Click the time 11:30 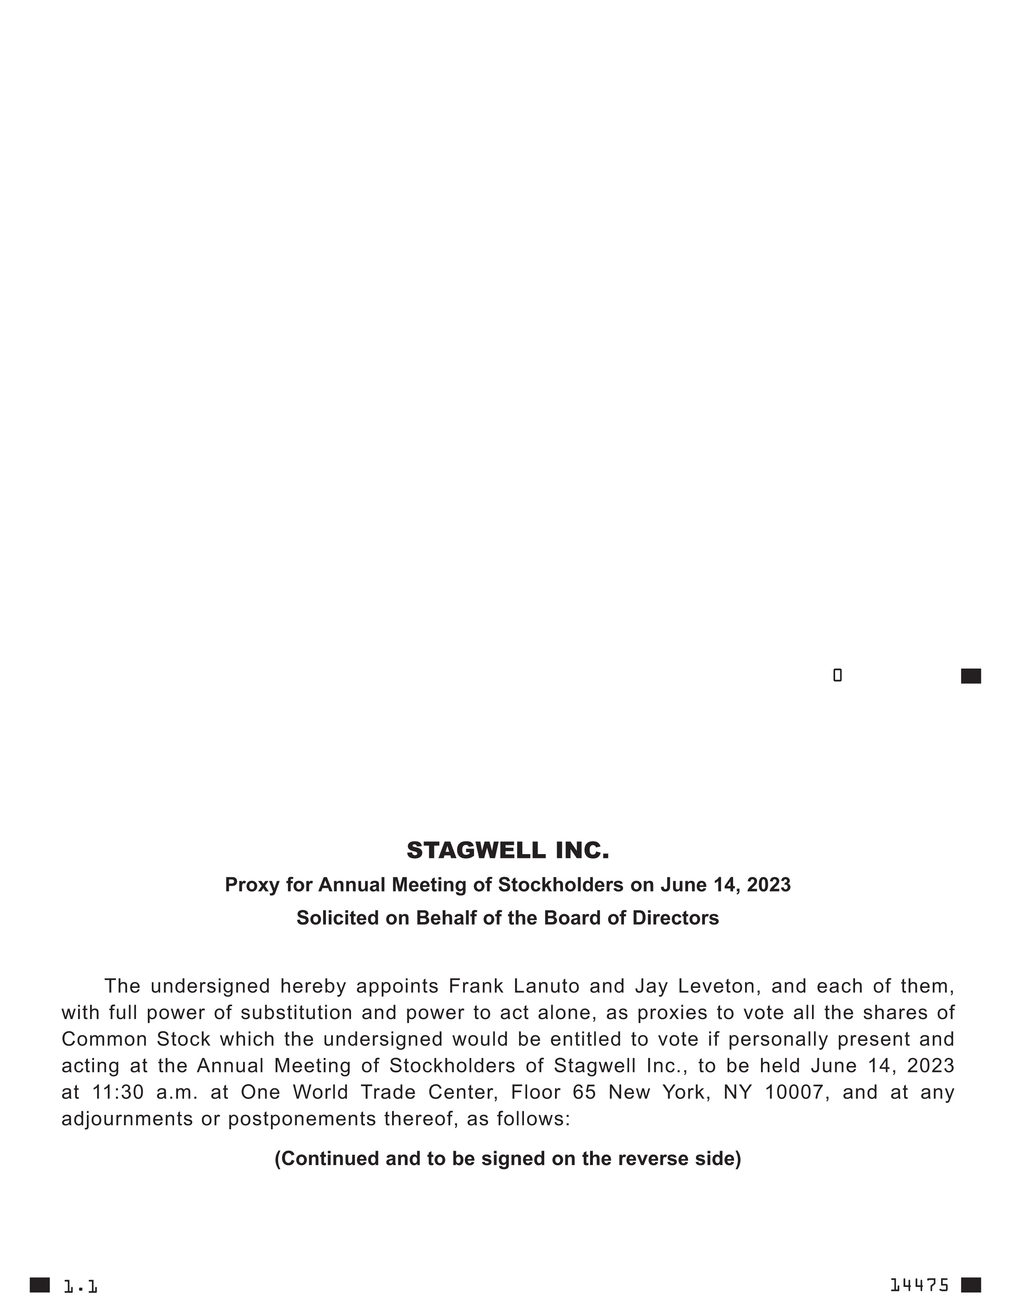pyautogui.click(x=118, y=1092)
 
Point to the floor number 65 pyautogui.click(x=584, y=1092)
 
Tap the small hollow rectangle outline pyautogui.click(x=837, y=676)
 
